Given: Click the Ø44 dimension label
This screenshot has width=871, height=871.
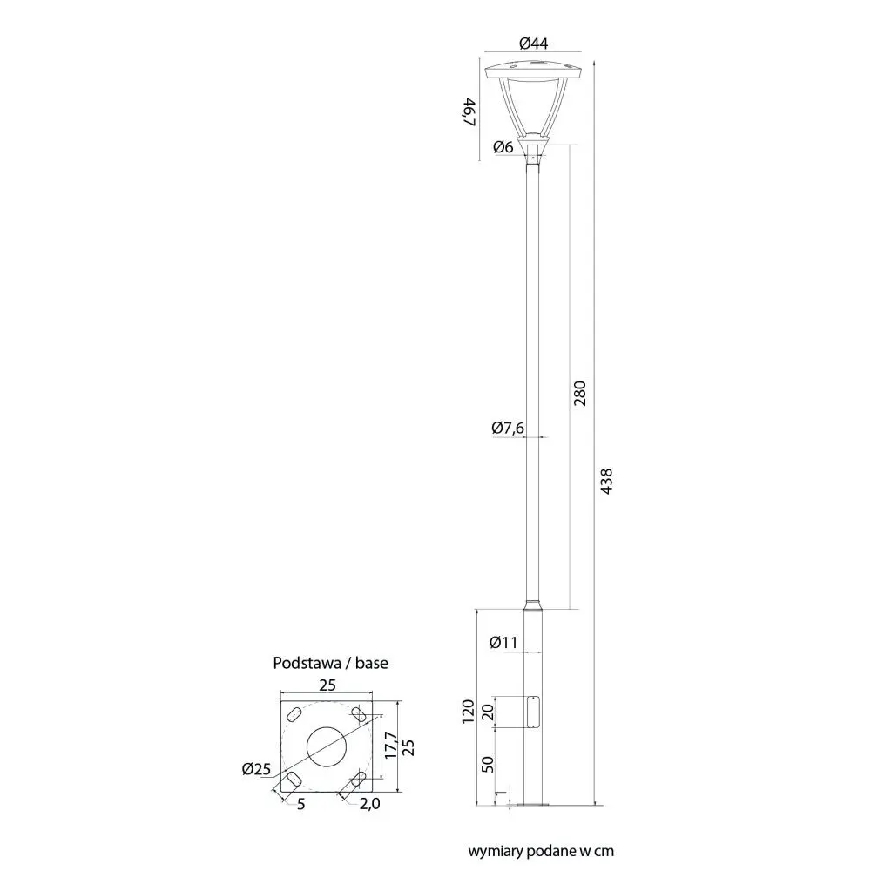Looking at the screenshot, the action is click(533, 44).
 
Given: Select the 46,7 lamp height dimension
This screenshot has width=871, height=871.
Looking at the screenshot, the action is click(470, 111).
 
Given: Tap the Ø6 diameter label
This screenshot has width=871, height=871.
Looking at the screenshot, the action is click(503, 147).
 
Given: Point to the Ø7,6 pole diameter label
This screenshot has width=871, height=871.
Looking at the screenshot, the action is click(508, 428).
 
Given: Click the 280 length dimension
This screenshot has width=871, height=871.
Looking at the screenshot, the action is click(580, 394).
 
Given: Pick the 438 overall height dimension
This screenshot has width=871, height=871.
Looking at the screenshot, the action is click(606, 482).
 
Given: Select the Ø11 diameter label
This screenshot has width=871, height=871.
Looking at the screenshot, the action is click(503, 642).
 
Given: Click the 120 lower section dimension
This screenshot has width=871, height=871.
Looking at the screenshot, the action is click(469, 712).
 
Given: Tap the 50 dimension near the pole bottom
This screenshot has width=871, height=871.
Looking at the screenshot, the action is click(487, 765).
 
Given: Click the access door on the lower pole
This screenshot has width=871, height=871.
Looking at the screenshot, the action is click(533, 712).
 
